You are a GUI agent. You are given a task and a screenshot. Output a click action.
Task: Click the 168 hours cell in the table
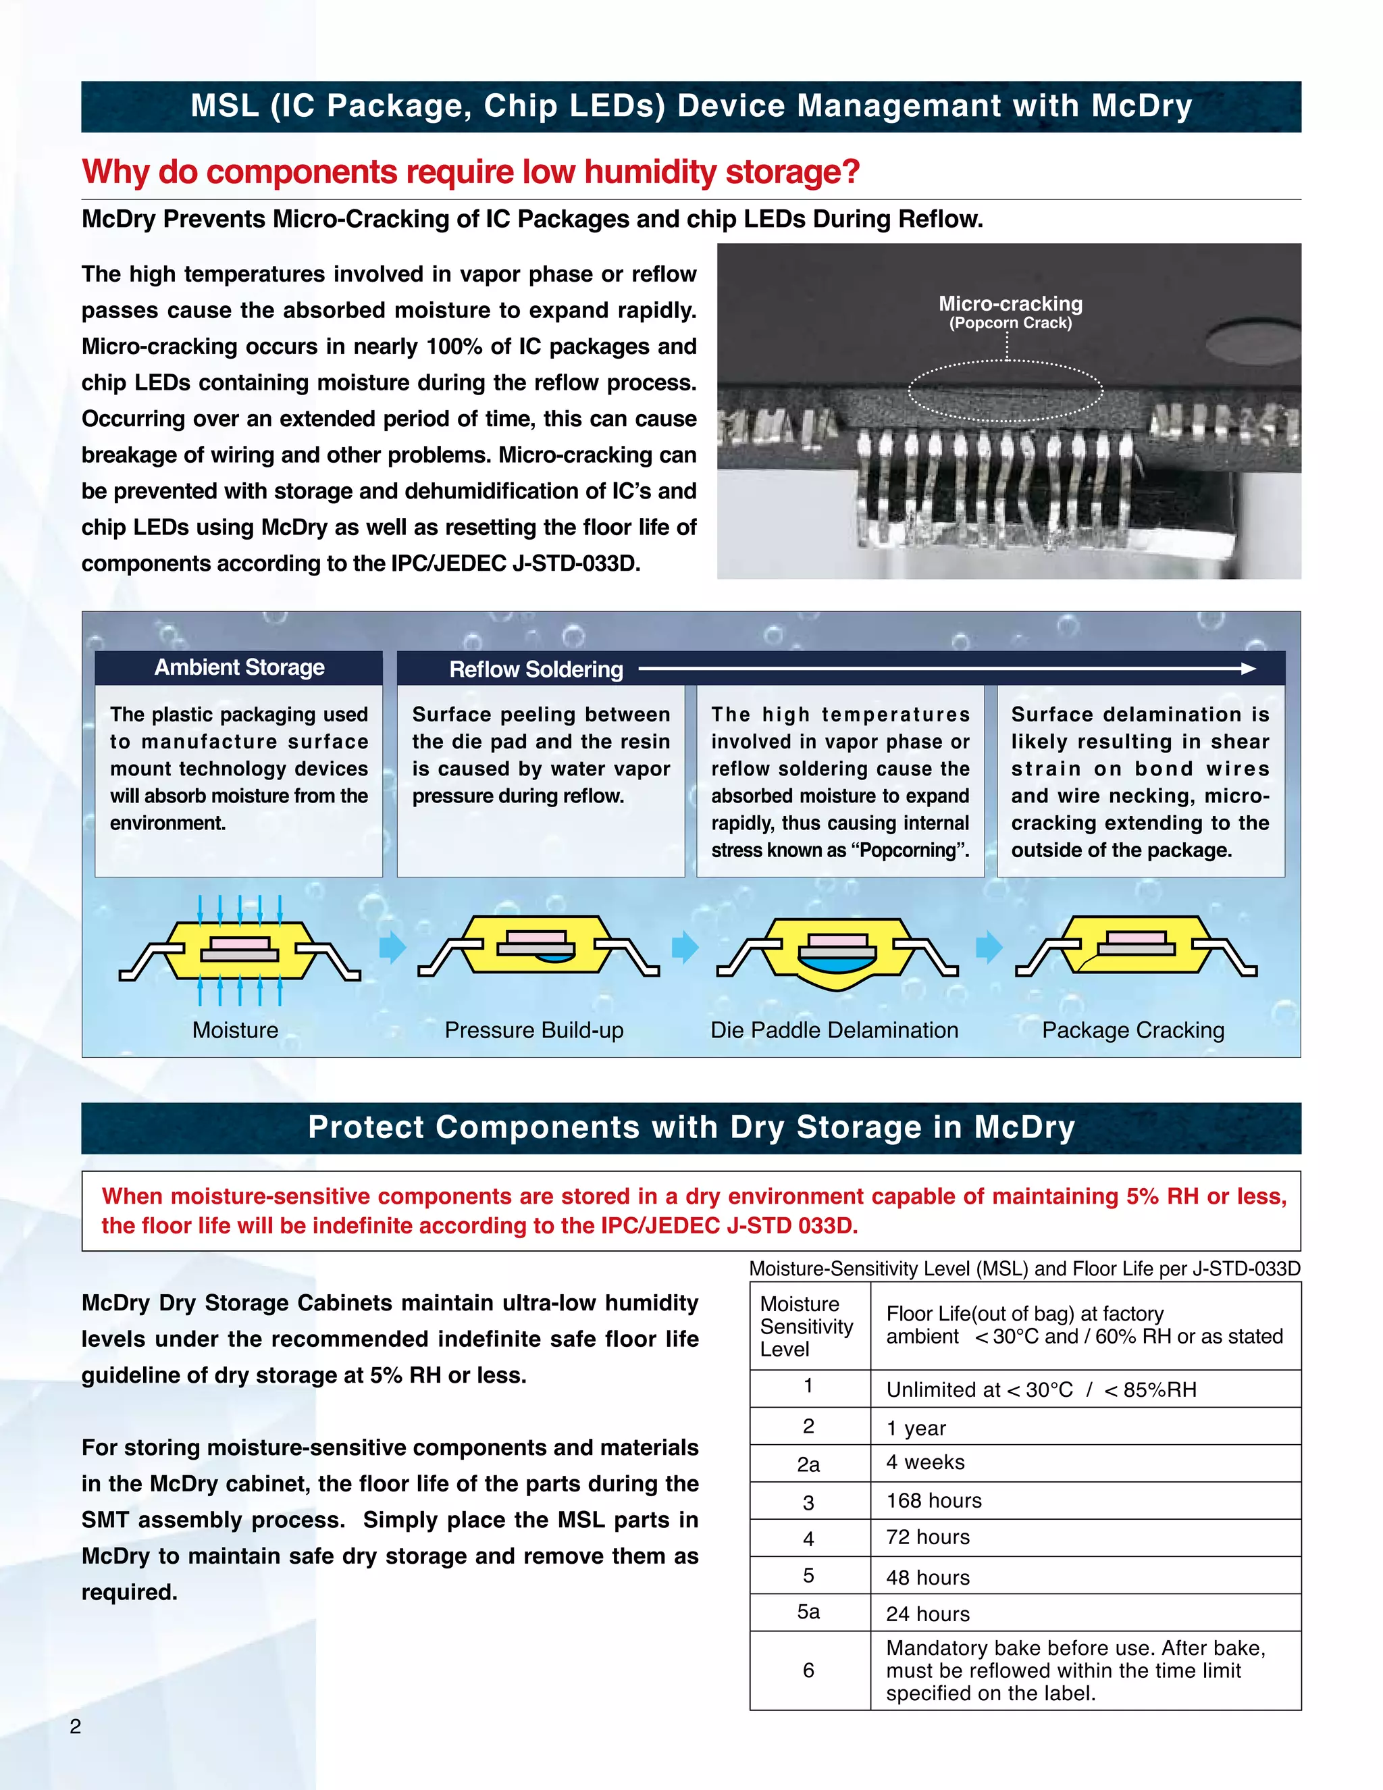pos(933,1501)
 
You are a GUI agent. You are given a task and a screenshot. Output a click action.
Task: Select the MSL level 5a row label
pos(808,1612)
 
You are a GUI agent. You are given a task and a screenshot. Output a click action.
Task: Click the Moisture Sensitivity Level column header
pos(806,1326)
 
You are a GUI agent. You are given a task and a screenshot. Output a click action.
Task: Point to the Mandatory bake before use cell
pos(1075,1670)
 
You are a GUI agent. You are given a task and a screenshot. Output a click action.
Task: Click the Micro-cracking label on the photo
pos(1010,304)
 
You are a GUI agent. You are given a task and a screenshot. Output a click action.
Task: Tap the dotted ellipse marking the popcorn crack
pos(1006,391)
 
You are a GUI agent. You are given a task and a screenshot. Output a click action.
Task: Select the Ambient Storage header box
pos(238,667)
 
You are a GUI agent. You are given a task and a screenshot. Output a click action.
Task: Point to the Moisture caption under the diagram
pos(235,1030)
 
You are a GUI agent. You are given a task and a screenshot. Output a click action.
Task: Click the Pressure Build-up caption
pos(534,1030)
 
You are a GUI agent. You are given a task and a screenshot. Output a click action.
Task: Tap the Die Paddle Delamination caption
pos(834,1030)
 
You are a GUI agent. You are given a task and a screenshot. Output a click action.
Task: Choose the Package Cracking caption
pos(1133,1030)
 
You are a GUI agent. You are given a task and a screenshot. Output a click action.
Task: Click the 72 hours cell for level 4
pos(927,1537)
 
